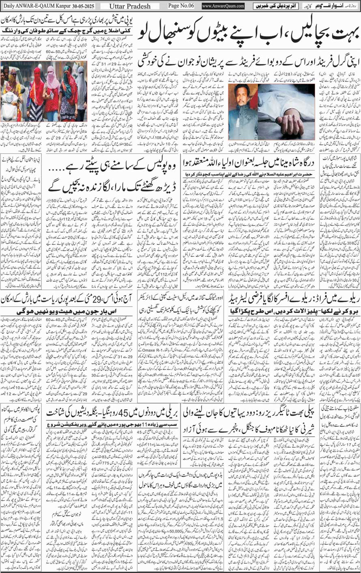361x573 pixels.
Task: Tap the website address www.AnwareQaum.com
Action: (x=223, y=6)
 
